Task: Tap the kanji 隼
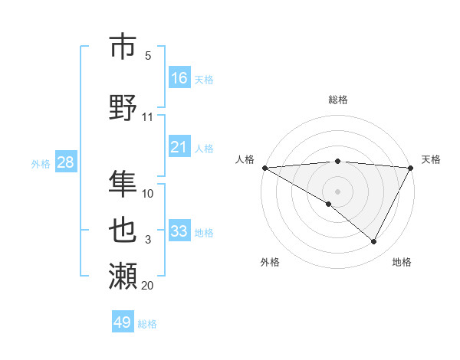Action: pos(123,183)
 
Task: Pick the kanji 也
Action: pos(123,229)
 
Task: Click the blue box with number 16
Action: pos(179,78)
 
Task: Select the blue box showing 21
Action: pos(179,147)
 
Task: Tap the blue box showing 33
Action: pos(179,231)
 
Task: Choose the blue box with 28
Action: pos(65,162)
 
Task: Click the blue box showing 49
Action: pos(123,322)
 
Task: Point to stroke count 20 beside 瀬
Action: pos(147,286)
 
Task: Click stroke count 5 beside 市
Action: pos(148,56)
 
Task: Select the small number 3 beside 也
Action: pos(148,240)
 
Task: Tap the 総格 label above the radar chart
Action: pos(337,100)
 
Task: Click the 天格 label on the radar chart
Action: pos(431,159)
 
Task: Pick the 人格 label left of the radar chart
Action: pos(245,159)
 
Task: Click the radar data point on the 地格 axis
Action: pos(374,241)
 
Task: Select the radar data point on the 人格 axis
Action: pos(264,167)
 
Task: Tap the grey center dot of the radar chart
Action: pos(337,191)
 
